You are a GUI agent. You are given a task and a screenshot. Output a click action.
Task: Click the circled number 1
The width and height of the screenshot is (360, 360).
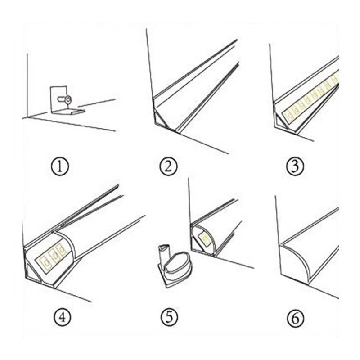pos(60,166)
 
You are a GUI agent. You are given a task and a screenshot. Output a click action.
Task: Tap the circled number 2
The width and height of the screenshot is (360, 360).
pos(168,166)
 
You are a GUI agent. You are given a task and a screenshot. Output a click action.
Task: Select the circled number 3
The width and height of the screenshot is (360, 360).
pos(296,166)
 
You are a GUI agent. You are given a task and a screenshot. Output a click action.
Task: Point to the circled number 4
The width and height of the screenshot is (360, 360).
pos(62,317)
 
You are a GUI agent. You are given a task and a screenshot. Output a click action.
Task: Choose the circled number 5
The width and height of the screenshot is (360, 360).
pos(169,317)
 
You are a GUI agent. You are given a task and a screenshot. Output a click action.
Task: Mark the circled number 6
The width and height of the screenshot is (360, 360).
pos(296,319)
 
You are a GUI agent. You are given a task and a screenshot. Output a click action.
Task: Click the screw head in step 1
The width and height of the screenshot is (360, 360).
pos(68,99)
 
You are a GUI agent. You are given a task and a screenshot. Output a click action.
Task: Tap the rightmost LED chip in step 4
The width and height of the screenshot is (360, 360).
pos(61,250)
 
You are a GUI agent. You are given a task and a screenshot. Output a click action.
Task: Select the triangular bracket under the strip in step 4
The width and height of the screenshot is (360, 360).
pos(34,272)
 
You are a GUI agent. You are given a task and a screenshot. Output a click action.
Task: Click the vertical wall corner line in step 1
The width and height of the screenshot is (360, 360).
pos(27,85)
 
